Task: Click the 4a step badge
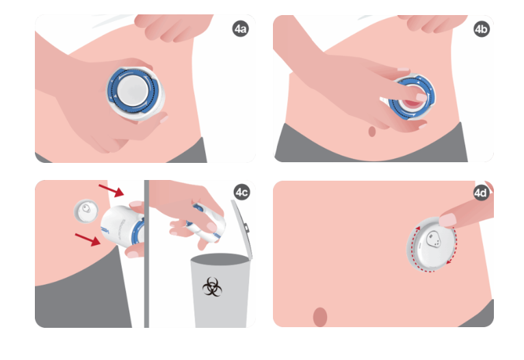coord(240,29)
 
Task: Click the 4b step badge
coord(482,29)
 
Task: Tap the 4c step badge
coord(241,192)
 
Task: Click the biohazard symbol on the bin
coord(212,287)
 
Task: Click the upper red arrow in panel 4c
coord(112,190)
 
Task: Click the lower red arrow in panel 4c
coord(88,240)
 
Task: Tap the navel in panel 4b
coord(372,131)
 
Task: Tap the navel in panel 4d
coord(320,317)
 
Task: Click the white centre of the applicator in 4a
coord(133,90)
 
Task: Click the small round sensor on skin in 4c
coord(86,211)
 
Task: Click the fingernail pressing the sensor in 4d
coord(447,220)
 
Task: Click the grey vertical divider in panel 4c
coord(146,254)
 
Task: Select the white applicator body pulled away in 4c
coord(122,226)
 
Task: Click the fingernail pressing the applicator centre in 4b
coord(422,98)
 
